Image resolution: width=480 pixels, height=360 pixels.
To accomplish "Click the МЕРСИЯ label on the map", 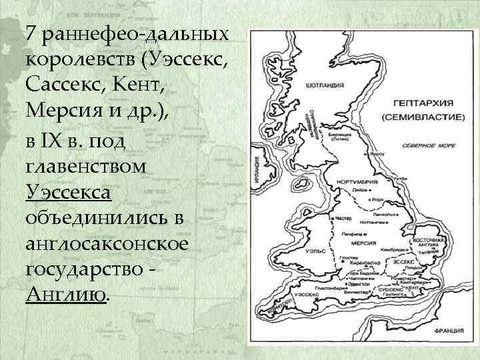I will [x=365, y=243].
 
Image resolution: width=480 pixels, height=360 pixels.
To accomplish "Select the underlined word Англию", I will [x=65, y=295].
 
